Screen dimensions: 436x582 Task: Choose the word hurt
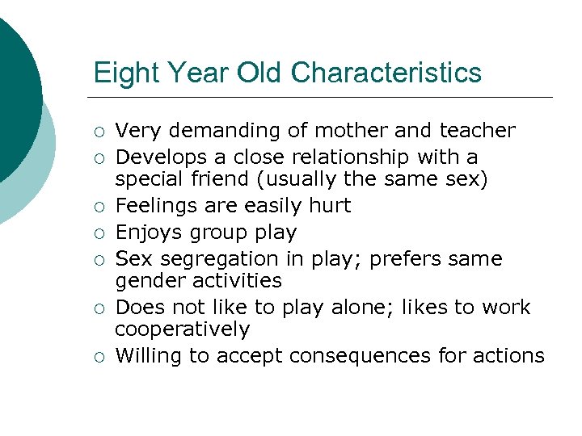pos(330,206)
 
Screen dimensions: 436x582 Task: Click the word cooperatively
pos(182,329)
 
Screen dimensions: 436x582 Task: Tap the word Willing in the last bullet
pos(148,356)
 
